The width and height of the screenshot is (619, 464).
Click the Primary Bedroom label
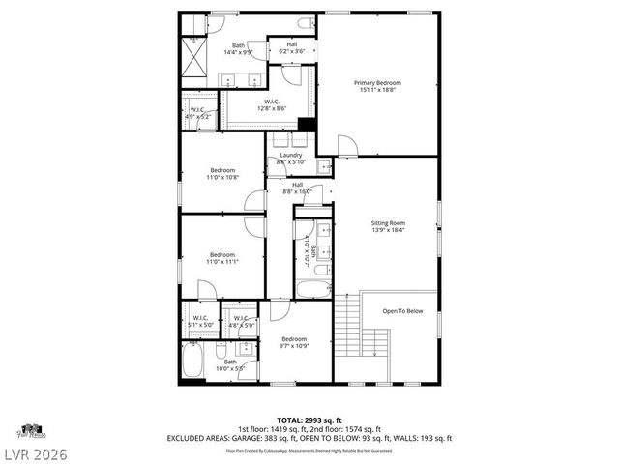tap(376, 87)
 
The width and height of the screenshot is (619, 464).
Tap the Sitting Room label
tap(389, 226)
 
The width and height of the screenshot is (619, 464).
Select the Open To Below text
tap(402, 311)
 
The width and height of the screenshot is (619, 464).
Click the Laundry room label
tap(291, 159)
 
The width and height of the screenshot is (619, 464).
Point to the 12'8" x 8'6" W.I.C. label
tap(273, 105)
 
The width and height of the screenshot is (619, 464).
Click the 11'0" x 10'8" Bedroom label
tap(222, 174)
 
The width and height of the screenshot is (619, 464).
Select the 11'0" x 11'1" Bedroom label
tap(222, 259)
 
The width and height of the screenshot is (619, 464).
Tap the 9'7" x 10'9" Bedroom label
tap(294, 342)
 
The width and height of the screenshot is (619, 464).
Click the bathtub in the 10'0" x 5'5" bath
tap(193, 365)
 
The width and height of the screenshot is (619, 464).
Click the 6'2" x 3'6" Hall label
tap(291, 47)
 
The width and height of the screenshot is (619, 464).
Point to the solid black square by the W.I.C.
tap(307, 123)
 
